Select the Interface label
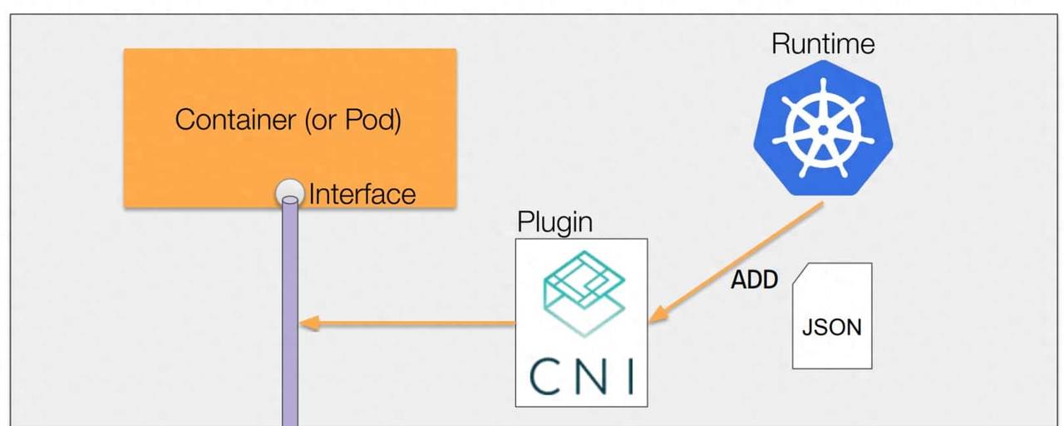point(362,195)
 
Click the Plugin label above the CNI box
point(555,222)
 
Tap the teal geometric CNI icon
point(582,291)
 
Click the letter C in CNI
point(546,375)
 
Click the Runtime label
point(823,43)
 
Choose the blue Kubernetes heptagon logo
point(823,128)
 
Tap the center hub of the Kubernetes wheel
point(823,130)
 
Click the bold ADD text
point(754,280)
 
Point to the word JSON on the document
point(831,327)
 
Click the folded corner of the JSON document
point(799,274)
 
